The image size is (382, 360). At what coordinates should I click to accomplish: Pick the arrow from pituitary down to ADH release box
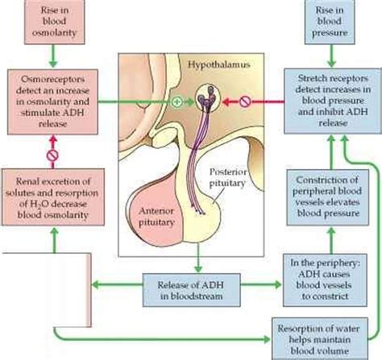coord(194,259)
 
